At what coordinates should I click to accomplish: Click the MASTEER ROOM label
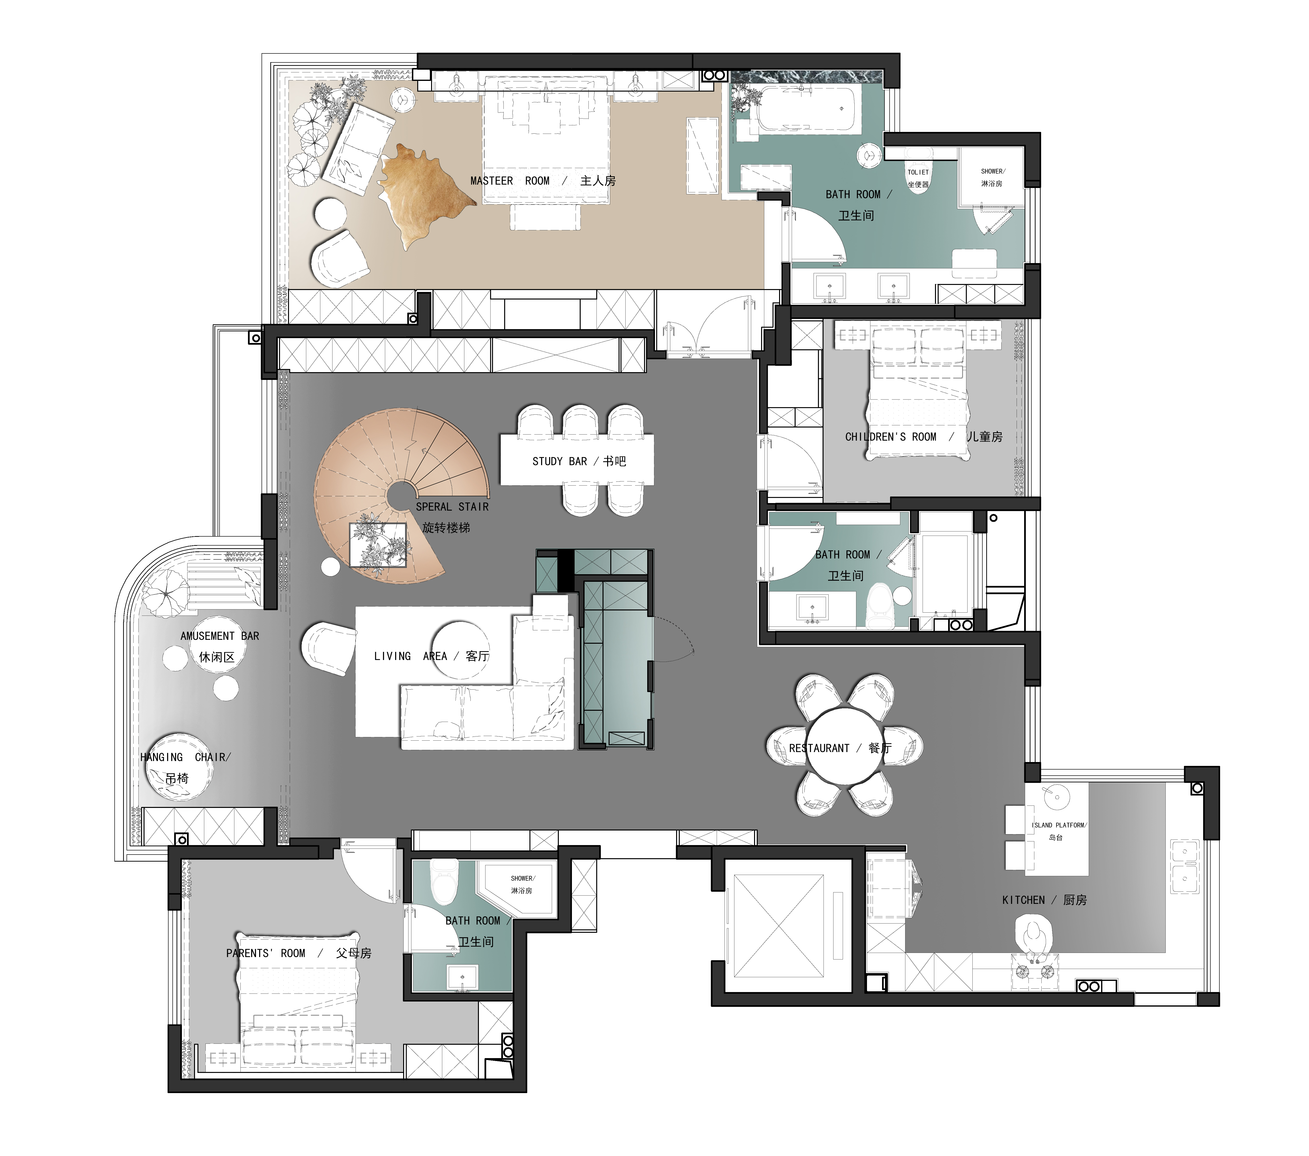(510, 181)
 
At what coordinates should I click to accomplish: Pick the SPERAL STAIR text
(452, 507)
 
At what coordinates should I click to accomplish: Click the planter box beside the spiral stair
(378, 545)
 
